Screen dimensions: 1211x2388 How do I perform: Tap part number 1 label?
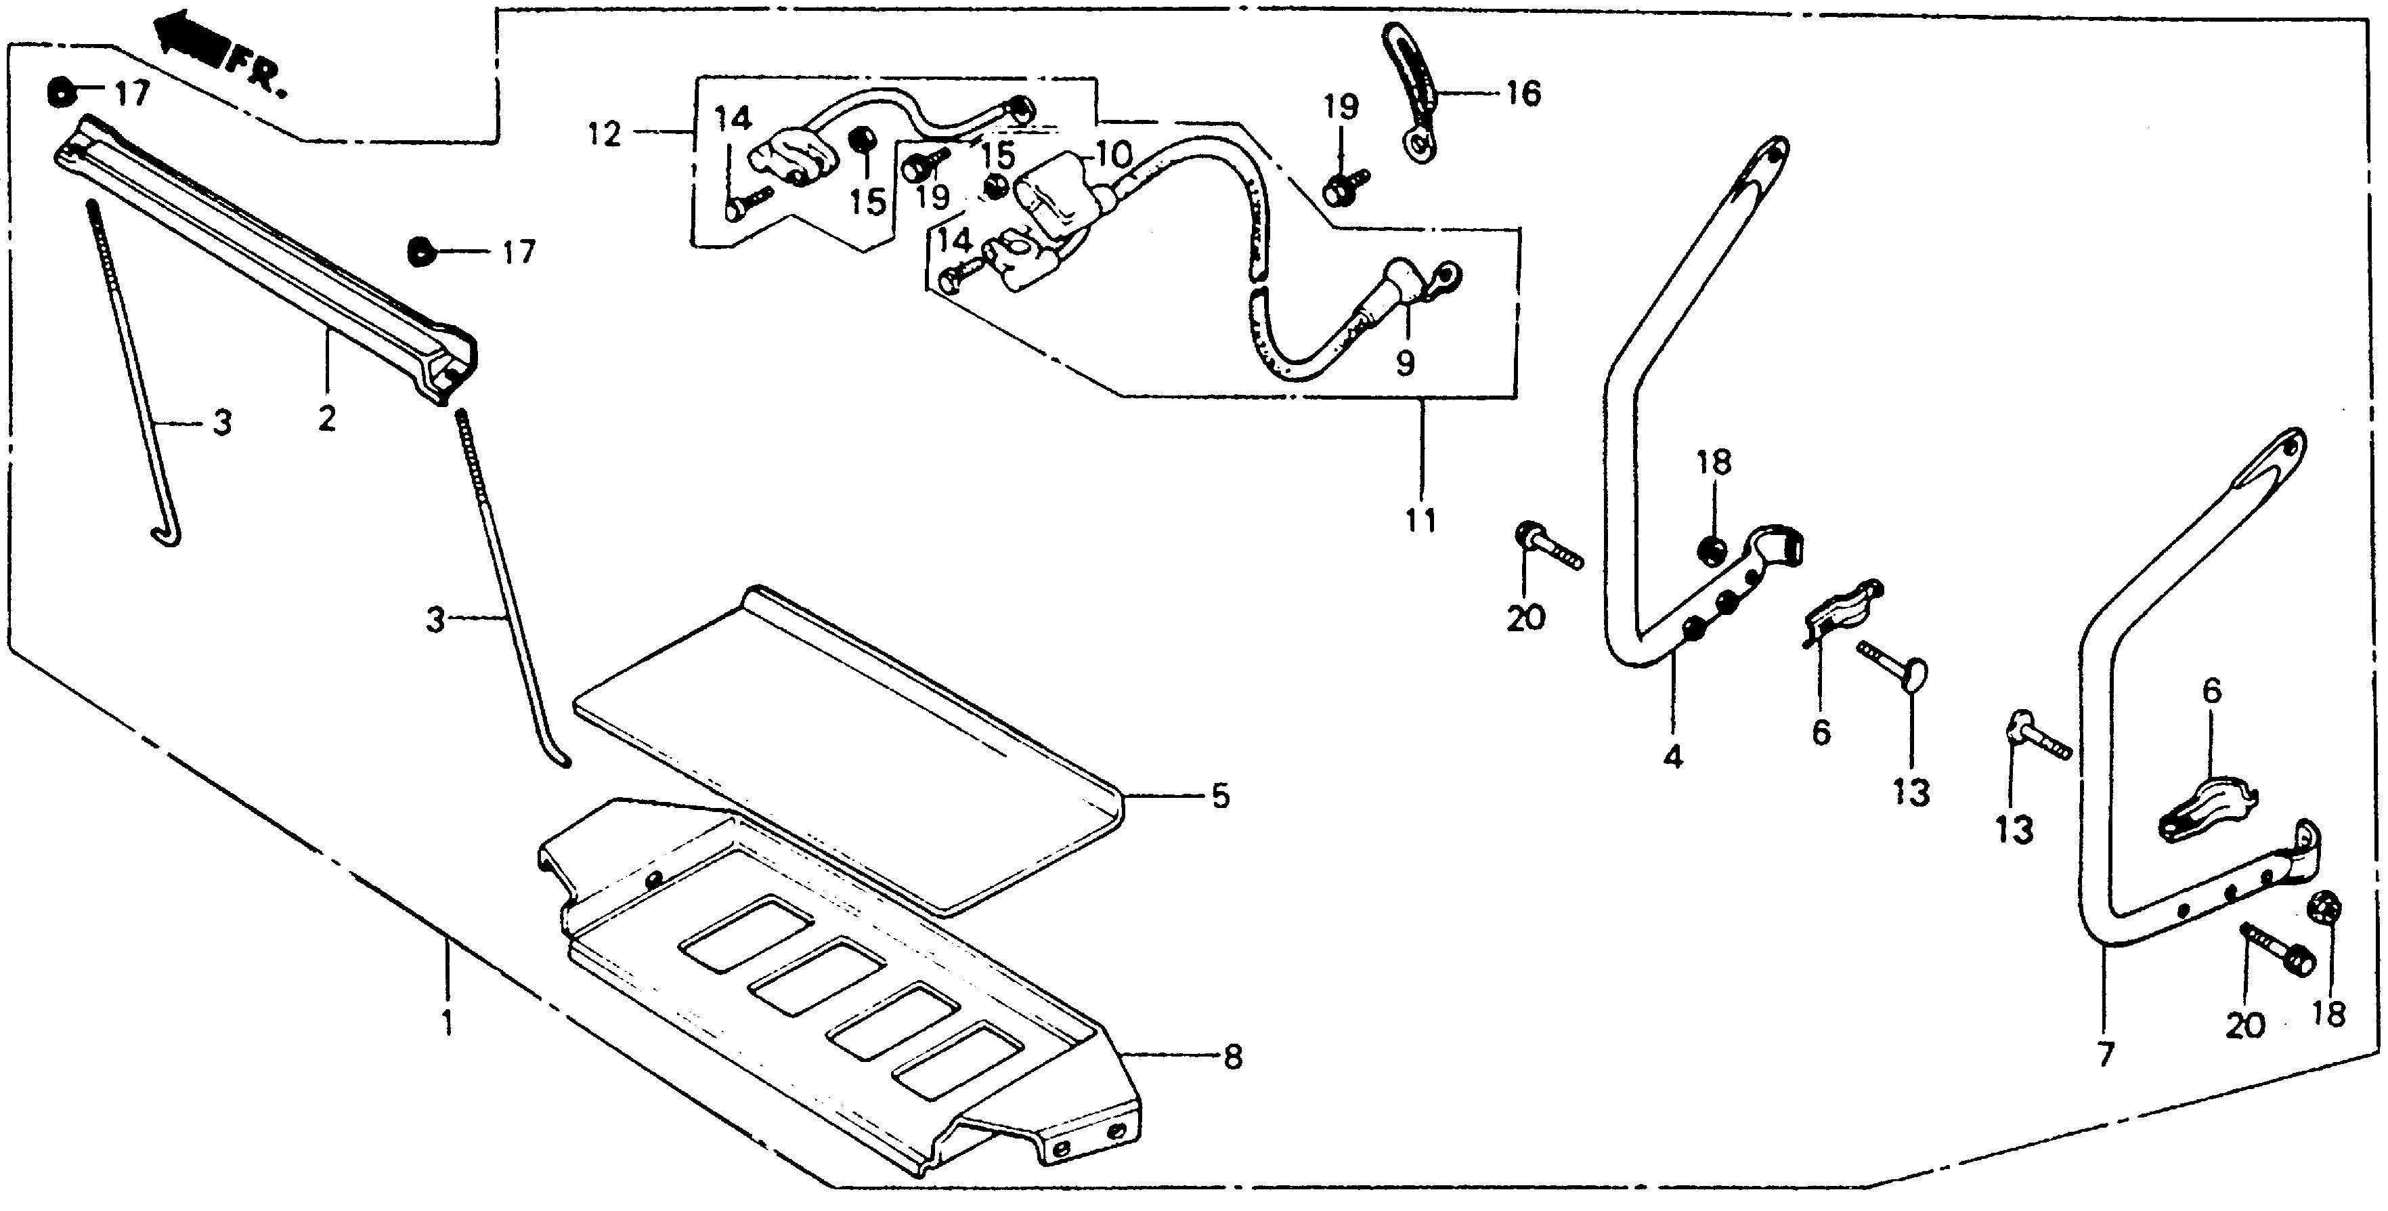coord(448,1025)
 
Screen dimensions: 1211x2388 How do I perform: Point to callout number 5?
coord(1220,796)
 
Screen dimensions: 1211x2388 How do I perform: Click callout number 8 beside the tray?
coord(1232,1057)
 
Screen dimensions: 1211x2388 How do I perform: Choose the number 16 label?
coord(1523,93)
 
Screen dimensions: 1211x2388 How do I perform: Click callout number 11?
coord(1420,519)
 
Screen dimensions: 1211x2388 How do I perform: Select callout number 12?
coord(605,135)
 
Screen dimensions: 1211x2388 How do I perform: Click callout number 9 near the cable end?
coord(1406,362)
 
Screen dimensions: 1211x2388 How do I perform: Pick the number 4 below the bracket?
coord(1672,757)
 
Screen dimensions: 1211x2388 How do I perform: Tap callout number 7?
coord(2104,1055)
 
